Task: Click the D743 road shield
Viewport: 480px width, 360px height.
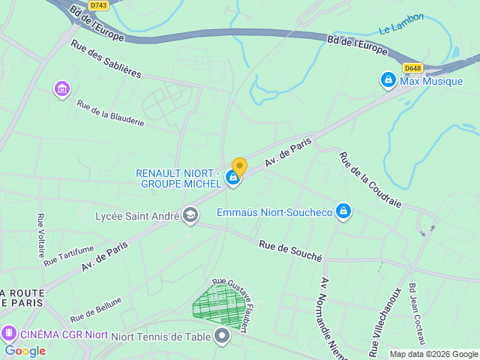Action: (97, 5)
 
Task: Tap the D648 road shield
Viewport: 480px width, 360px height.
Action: (412, 68)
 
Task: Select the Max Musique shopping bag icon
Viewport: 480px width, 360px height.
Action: (388, 79)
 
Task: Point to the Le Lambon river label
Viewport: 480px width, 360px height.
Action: (401, 23)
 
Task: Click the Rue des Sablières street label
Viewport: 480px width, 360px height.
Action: (106, 58)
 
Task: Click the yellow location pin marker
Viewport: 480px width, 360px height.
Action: (239, 166)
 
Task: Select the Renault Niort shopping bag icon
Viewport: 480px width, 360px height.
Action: (233, 178)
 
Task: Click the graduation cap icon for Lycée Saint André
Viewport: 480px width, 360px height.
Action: (190, 216)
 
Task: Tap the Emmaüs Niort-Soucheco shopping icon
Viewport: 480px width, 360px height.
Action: (343, 212)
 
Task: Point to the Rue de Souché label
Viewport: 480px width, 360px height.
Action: (290, 250)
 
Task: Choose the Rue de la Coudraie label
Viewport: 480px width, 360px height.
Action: (370, 180)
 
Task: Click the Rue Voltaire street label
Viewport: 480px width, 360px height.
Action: (41, 235)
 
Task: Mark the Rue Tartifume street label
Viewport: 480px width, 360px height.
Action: (69, 256)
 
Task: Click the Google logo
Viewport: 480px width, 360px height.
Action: (25, 350)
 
